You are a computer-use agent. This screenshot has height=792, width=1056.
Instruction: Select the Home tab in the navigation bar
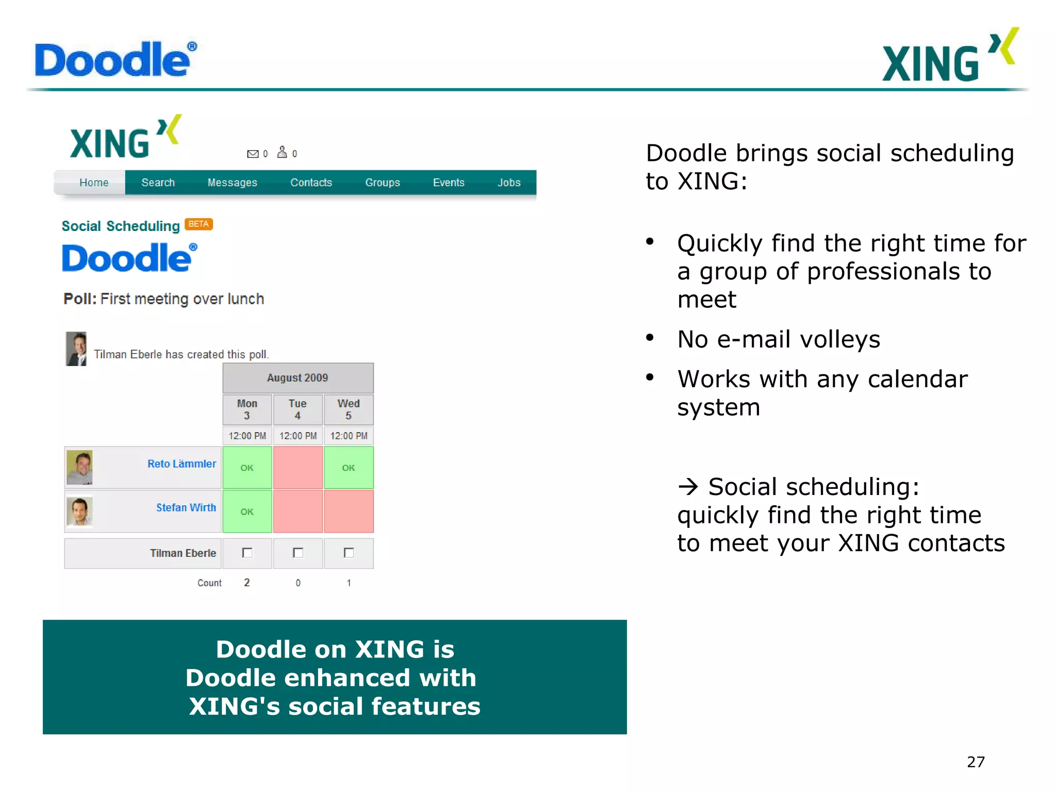tap(94, 183)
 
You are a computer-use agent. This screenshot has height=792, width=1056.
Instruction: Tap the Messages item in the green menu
tap(232, 183)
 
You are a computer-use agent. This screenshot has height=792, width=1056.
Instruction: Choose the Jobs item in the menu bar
tap(508, 183)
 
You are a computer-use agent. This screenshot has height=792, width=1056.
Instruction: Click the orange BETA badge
tap(199, 224)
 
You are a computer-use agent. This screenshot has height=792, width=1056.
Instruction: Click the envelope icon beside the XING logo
tap(253, 154)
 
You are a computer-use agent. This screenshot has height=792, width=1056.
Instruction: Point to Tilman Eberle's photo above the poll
tap(76, 349)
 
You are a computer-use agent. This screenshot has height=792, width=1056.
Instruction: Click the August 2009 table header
tap(298, 378)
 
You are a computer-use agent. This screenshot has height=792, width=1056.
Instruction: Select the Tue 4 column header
tap(298, 409)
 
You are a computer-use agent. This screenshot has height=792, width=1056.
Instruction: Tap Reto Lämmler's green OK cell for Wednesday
tap(349, 468)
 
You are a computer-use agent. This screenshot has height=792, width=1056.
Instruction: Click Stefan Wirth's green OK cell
tap(247, 511)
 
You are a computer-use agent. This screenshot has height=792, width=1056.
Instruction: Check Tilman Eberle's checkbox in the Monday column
tap(247, 553)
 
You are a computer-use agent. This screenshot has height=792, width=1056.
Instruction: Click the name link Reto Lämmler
tap(181, 464)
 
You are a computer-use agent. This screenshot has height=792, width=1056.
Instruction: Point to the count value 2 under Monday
tap(247, 583)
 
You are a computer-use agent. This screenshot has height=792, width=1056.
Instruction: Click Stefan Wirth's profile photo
tap(80, 511)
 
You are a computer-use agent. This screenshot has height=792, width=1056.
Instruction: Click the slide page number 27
tap(976, 762)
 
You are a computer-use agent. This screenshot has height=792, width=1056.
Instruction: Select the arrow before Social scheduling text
tap(688, 487)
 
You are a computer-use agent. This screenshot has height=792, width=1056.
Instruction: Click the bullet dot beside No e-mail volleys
tap(650, 338)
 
